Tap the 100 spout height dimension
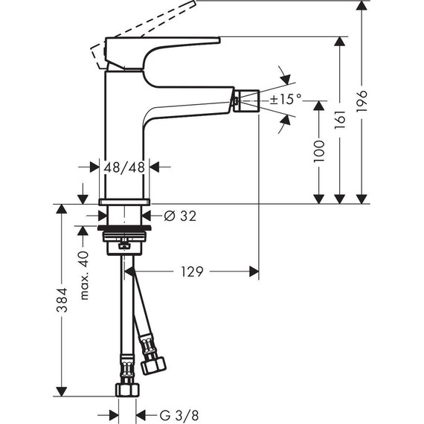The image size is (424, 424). [318, 152]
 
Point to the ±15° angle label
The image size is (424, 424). [286, 98]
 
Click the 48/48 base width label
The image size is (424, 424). [126, 167]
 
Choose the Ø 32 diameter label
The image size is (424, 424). [179, 216]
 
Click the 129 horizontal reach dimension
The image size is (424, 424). [193, 272]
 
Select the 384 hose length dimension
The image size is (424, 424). [62, 298]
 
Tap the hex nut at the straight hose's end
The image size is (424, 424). [127, 390]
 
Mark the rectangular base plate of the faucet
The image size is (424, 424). [126, 202]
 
